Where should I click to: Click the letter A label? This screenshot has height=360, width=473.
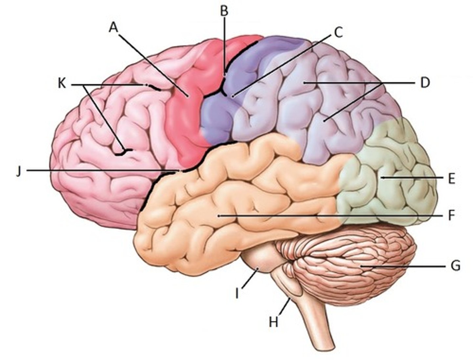pyautogui.click(x=113, y=28)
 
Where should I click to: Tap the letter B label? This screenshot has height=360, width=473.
pyautogui.click(x=224, y=11)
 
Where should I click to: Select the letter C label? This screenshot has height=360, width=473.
pyautogui.click(x=338, y=32)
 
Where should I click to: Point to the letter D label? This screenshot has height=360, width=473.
pyautogui.click(x=425, y=83)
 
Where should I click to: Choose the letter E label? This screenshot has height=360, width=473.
pyautogui.click(x=451, y=179)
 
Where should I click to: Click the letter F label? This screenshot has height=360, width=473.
pyautogui.click(x=451, y=216)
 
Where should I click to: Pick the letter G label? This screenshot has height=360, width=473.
pyautogui.click(x=455, y=266)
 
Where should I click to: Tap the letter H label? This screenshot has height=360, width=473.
pyautogui.click(x=273, y=322)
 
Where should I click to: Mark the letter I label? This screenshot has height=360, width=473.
pyautogui.click(x=237, y=293)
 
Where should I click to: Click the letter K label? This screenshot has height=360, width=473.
pyautogui.click(x=62, y=84)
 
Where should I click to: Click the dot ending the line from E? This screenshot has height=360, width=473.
pyautogui.click(x=382, y=178)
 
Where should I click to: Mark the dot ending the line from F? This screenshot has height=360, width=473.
pyautogui.click(x=219, y=216)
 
